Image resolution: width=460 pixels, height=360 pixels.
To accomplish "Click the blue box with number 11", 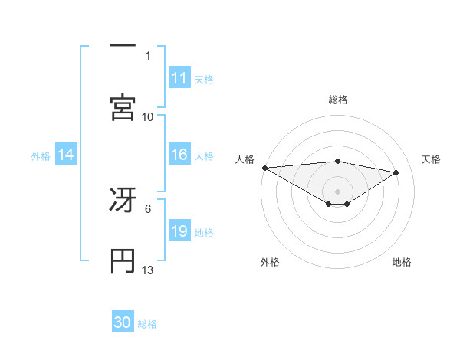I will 179,78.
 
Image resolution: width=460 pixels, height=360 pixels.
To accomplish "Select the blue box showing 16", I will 179,155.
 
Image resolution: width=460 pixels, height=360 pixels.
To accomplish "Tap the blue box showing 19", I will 179,231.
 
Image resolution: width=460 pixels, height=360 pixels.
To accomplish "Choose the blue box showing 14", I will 66,155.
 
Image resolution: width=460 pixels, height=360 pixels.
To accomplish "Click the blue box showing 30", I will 123,322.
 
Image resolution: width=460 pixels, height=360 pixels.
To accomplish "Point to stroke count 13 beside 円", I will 148,270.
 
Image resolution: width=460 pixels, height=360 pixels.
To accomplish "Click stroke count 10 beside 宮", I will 148,116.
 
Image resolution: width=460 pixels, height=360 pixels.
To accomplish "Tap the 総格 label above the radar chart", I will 338,100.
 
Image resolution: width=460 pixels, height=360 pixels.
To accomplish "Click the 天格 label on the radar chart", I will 432,159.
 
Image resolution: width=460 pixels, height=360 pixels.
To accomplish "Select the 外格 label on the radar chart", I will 270,262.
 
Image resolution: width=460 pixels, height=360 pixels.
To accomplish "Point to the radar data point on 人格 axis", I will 264,168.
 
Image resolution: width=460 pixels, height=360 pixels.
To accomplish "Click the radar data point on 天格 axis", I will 396,172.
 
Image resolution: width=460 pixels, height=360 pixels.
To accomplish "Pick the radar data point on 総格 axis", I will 338,161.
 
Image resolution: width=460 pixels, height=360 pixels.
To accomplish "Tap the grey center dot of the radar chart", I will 338,191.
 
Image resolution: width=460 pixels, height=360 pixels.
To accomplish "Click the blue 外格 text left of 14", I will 41,155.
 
